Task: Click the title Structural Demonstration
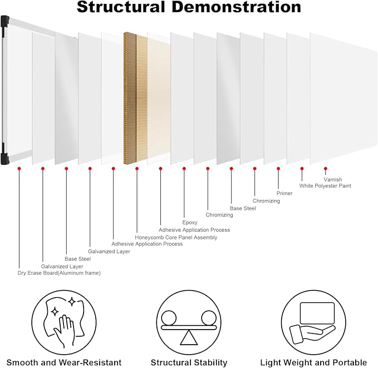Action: click(x=189, y=8)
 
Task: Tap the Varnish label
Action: click(x=333, y=179)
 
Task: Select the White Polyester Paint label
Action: click(x=325, y=186)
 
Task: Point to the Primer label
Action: click(x=284, y=193)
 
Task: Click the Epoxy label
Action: click(x=190, y=222)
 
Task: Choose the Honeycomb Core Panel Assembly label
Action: click(x=176, y=237)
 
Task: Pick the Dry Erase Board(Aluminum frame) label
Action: click(x=59, y=273)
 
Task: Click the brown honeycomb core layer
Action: click(x=130, y=98)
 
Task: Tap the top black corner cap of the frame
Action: click(x=5, y=22)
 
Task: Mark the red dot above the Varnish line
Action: click(x=326, y=168)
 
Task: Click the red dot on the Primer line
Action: click(x=278, y=168)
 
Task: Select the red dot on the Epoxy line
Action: click(x=184, y=168)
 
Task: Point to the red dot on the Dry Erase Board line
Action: click(x=19, y=168)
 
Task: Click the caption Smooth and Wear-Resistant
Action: click(x=63, y=362)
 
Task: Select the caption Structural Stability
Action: click(x=189, y=362)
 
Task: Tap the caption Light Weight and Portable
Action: click(x=314, y=362)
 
